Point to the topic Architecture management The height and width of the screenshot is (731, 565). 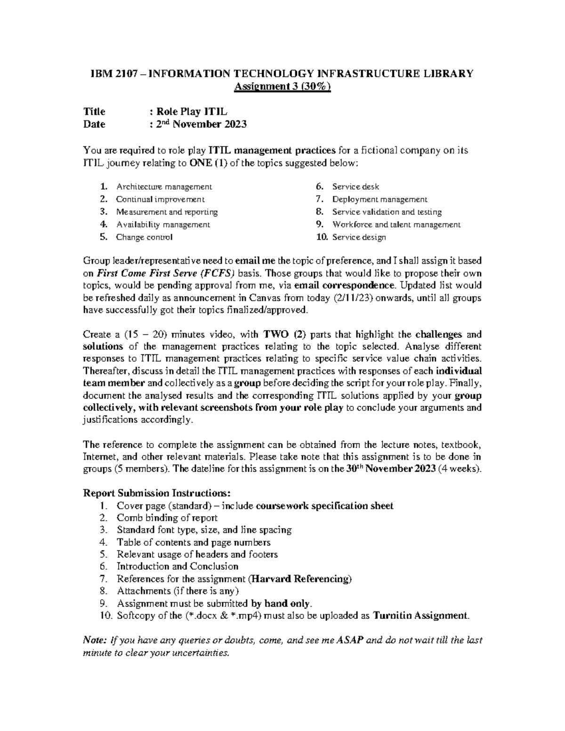coord(164,187)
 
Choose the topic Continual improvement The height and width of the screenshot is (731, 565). coord(160,200)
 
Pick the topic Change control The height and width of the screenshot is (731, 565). coord(144,237)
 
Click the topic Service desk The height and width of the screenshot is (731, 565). coord(355,187)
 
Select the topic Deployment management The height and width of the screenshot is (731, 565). coord(379,200)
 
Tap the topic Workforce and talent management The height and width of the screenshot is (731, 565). coord(396,225)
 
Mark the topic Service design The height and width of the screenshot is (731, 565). coord(359,237)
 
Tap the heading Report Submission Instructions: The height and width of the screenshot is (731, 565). coord(157,493)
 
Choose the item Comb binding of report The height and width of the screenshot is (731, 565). coord(167,518)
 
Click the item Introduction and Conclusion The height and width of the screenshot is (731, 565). coord(178,566)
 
